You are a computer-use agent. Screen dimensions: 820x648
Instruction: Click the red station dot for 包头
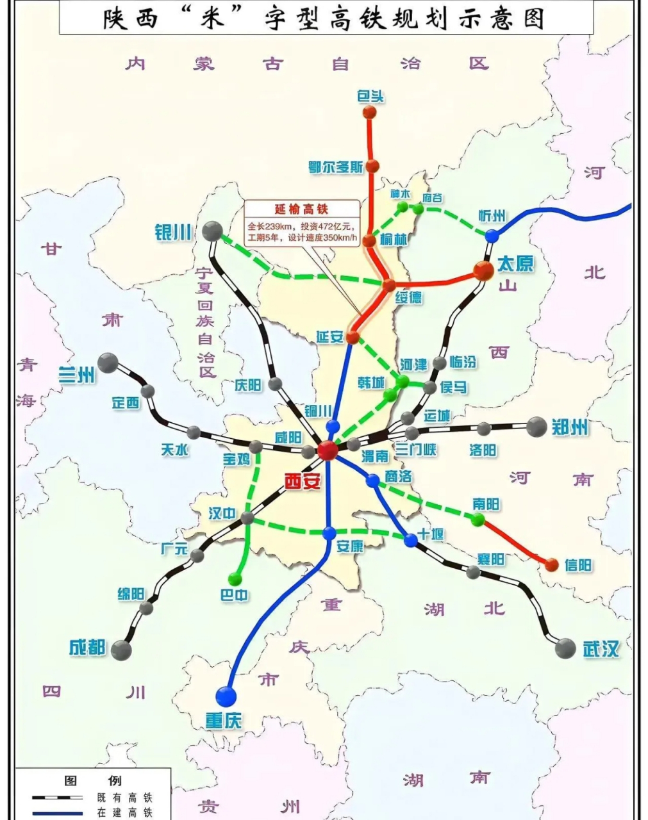[x=369, y=112]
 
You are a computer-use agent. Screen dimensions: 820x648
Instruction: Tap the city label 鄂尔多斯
[x=335, y=167]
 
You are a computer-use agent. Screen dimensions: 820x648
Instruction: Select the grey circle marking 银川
[x=212, y=231]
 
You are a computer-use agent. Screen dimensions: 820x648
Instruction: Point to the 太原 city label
[x=515, y=263]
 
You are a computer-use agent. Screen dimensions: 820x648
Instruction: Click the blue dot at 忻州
[x=492, y=236]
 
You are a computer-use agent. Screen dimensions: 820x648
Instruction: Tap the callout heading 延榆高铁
[x=301, y=209]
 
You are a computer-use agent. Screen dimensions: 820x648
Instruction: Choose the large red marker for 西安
[x=327, y=450]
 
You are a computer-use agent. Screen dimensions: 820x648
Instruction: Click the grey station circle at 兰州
[x=108, y=363]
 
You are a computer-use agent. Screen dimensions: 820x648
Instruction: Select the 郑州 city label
[x=570, y=427]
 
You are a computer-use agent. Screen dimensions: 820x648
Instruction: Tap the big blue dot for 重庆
[x=226, y=696]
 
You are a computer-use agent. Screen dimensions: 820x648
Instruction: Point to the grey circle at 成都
[x=121, y=650]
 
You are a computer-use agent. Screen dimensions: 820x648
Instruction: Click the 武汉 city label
[x=601, y=648]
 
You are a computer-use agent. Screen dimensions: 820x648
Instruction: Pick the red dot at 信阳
[x=551, y=564]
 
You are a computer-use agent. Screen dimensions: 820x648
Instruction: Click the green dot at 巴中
[x=235, y=579]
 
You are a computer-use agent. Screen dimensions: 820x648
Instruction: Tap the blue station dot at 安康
[x=329, y=533]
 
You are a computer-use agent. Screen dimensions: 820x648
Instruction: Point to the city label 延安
[x=330, y=336]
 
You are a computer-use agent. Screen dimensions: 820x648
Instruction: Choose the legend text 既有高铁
[x=125, y=798]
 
